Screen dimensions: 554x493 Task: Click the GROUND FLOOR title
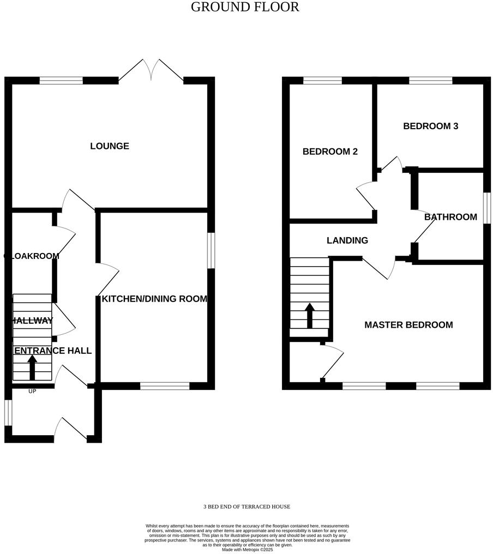pyautogui.click(x=245, y=7)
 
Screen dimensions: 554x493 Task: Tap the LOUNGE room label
pyautogui.click(x=110, y=146)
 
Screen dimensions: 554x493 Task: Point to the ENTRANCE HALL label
pyautogui.click(x=52, y=351)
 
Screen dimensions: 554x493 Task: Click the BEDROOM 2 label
pyautogui.click(x=330, y=152)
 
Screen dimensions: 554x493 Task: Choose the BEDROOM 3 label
pyautogui.click(x=430, y=126)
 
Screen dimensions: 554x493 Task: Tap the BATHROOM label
pyautogui.click(x=450, y=217)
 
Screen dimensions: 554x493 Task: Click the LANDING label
pyautogui.click(x=347, y=240)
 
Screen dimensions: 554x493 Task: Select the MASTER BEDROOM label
pyautogui.click(x=408, y=325)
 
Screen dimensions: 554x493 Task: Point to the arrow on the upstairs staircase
pyautogui.click(x=310, y=315)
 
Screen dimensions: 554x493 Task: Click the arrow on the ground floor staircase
pyautogui.click(x=32, y=368)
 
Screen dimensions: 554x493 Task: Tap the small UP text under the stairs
pyautogui.click(x=32, y=391)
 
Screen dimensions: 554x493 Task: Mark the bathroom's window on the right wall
pyautogui.click(x=485, y=207)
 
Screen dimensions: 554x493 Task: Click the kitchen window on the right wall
pyautogui.click(x=211, y=250)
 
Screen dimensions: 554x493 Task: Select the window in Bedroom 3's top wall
pyautogui.click(x=430, y=81)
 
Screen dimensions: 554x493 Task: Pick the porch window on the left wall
pyautogui.click(x=7, y=412)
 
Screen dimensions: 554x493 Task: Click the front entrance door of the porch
pyautogui.click(x=71, y=430)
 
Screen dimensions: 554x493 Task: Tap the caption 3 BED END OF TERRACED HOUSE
pyautogui.click(x=246, y=507)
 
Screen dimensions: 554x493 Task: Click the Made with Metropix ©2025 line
pyautogui.click(x=247, y=550)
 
